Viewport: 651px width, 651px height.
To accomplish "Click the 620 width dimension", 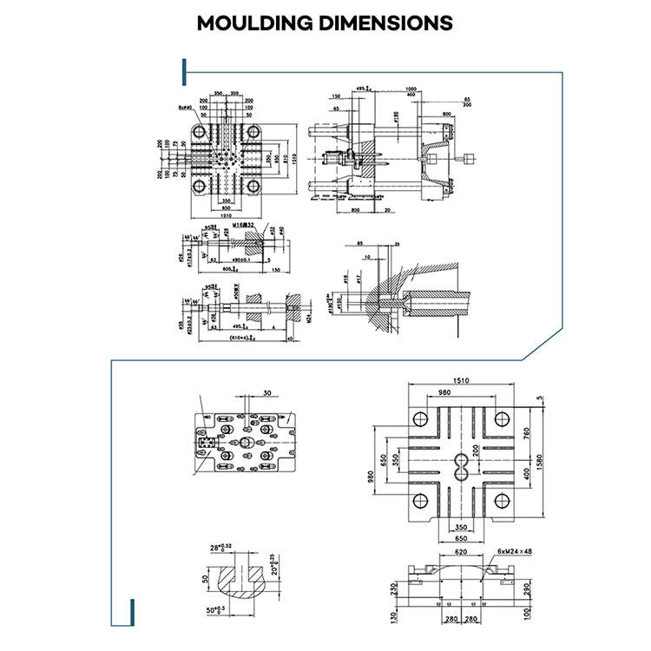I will click(x=460, y=551).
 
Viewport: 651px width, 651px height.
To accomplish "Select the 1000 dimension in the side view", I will click(x=411, y=88).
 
